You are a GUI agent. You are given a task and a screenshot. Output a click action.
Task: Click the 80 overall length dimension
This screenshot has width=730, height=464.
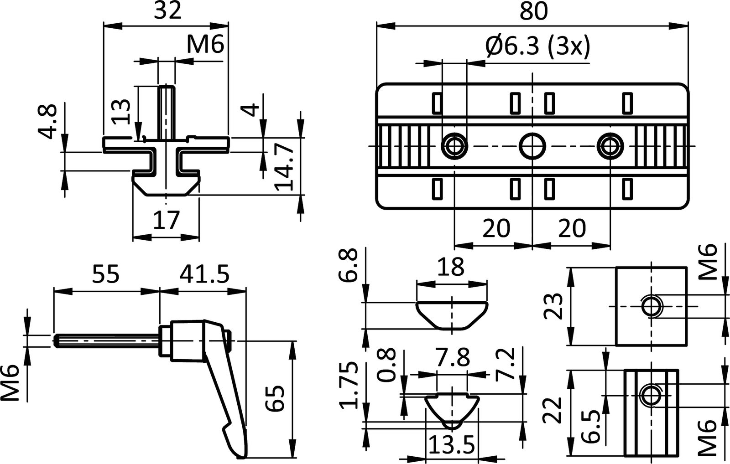(532, 12)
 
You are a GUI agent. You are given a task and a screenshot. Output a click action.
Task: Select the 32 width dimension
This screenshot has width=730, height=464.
(167, 11)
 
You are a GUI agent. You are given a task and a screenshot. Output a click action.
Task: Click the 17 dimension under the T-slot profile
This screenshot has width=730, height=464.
(166, 220)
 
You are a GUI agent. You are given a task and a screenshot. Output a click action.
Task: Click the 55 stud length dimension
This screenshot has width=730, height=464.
(106, 275)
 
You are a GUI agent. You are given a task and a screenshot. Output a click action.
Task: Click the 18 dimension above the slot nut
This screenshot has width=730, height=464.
(451, 268)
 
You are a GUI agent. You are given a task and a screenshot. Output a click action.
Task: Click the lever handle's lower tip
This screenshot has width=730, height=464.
(240, 454)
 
